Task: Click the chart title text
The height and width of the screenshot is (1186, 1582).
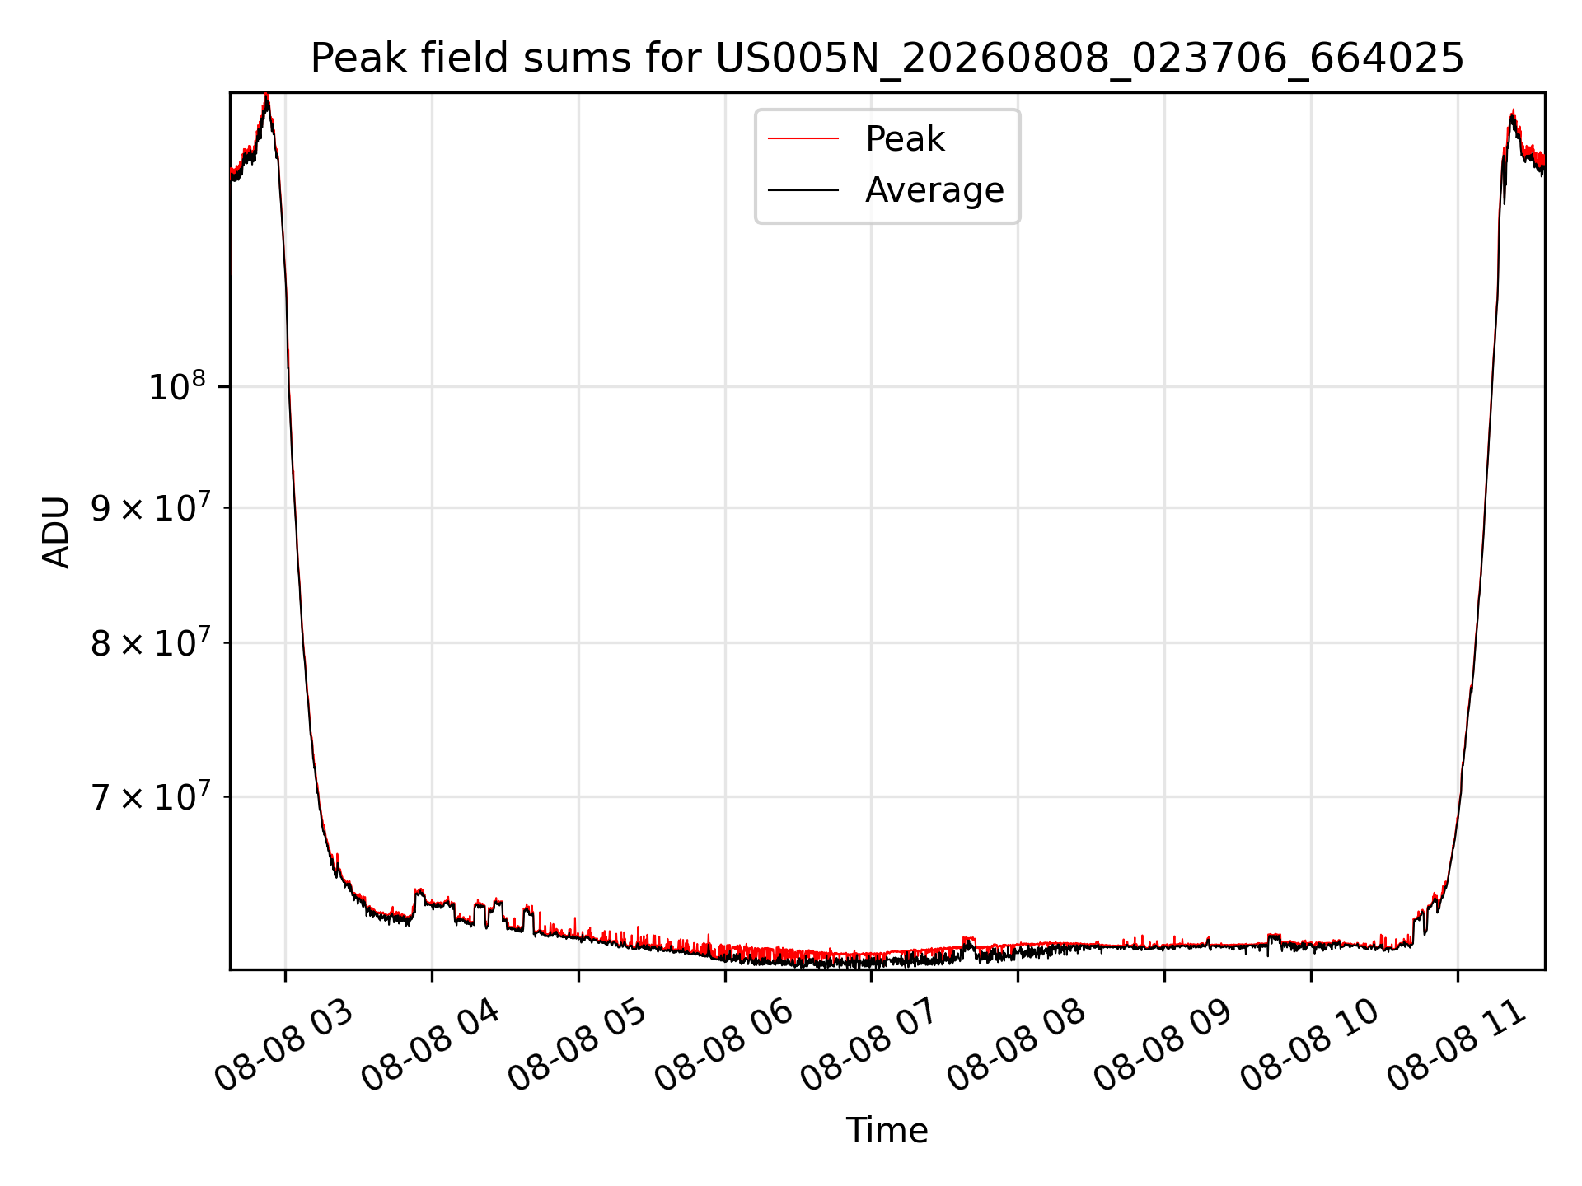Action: [887, 58]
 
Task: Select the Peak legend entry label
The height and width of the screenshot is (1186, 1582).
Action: [905, 139]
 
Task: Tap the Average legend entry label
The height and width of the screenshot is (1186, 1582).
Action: [934, 190]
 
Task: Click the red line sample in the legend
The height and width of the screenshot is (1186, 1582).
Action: [803, 139]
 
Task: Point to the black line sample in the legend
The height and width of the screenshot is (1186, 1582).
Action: [803, 190]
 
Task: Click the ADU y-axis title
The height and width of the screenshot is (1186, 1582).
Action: [57, 531]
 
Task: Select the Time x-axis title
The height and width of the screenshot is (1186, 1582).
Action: [887, 1131]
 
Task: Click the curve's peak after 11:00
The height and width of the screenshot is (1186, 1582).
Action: [1513, 112]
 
